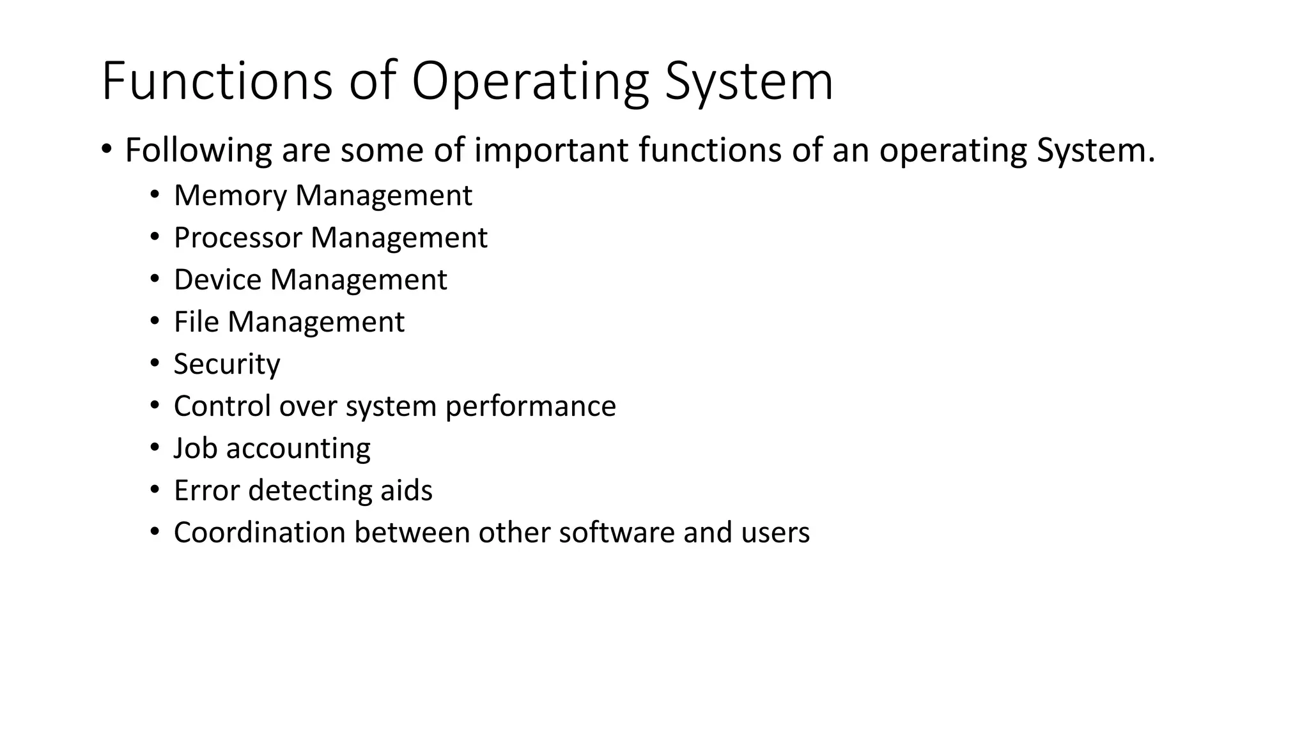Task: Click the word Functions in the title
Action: click(217, 81)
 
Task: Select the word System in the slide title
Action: click(749, 81)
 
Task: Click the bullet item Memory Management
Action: click(323, 195)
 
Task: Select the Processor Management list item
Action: click(330, 238)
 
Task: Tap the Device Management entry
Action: click(310, 280)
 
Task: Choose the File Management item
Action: click(289, 322)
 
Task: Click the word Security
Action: click(227, 364)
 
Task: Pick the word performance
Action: click(531, 406)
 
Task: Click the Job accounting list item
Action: click(272, 448)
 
